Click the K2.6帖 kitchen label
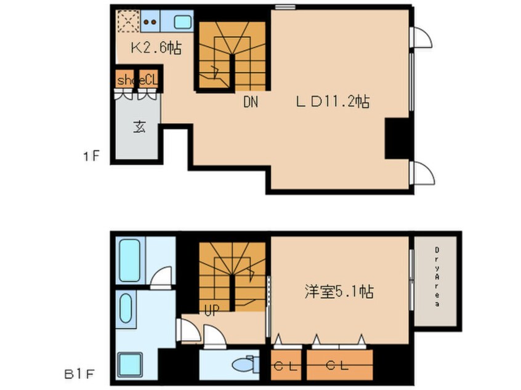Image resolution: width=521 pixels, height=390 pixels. point(156,49)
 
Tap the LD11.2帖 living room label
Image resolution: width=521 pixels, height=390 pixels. point(333,101)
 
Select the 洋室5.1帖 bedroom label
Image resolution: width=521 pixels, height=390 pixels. point(339,292)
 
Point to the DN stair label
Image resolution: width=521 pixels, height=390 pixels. point(251,102)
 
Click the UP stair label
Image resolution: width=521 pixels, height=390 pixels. point(212,311)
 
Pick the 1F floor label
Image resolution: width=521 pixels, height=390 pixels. point(91,156)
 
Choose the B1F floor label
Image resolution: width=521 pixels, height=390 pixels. point(79,375)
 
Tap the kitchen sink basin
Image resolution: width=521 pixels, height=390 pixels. point(183,22)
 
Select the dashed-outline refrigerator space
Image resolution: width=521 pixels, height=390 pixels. point(128,22)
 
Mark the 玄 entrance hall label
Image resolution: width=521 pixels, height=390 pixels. point(140,127)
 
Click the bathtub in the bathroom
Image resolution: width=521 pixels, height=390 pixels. point(129,261)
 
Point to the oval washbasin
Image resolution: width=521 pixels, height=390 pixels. point(126,308)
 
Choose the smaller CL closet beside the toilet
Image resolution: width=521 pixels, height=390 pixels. point(286,365)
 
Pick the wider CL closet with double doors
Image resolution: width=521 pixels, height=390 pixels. point(339,365)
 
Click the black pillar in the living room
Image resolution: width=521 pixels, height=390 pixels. point(397,138)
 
